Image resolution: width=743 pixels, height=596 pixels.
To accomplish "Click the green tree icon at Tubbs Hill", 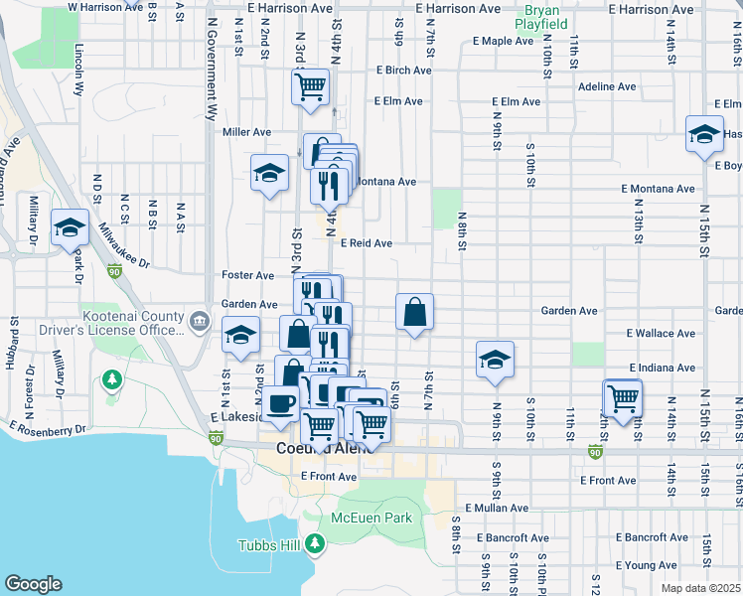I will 316,543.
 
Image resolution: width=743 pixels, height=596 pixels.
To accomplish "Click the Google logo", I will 33,584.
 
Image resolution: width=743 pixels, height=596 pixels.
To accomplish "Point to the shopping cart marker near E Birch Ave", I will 311,86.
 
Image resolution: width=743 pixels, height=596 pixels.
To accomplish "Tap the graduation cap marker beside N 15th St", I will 703,134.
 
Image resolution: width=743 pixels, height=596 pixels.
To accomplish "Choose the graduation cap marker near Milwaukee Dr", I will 70,228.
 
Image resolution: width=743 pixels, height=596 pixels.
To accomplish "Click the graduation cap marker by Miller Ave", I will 269,175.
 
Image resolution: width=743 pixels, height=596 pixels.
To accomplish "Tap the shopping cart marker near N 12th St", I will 623,398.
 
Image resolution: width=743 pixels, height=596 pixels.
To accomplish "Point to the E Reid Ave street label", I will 367,243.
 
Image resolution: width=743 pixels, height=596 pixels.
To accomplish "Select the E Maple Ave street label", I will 504,41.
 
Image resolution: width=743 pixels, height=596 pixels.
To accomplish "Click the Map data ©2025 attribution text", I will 700,588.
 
